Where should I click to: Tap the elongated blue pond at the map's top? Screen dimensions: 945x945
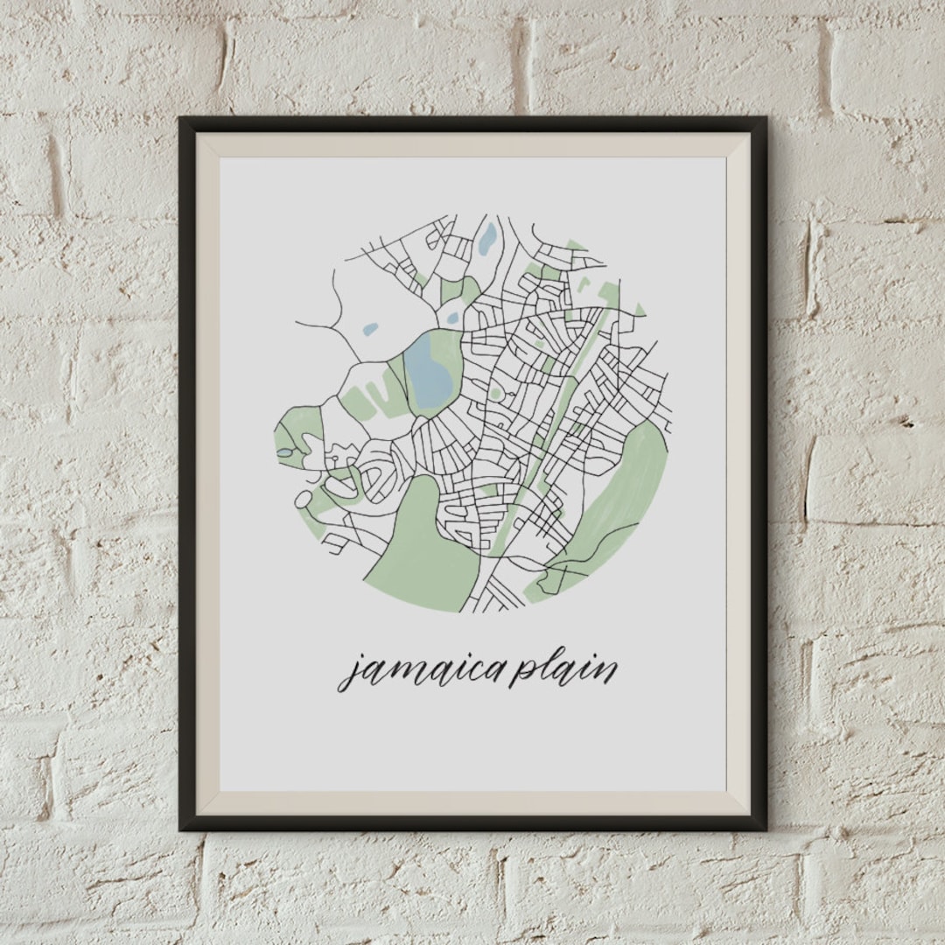pyautogui.click(x=487, y=237)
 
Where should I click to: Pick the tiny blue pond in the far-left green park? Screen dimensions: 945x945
pyautogui.click(x=285, y=452)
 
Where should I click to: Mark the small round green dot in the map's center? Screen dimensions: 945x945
pyautogui.click(x=496, y=395)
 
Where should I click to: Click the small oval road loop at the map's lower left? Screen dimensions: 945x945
pyautogui.click(x=303, y=500)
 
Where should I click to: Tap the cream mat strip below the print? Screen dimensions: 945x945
pyautogui.click(x=472, y=804)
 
